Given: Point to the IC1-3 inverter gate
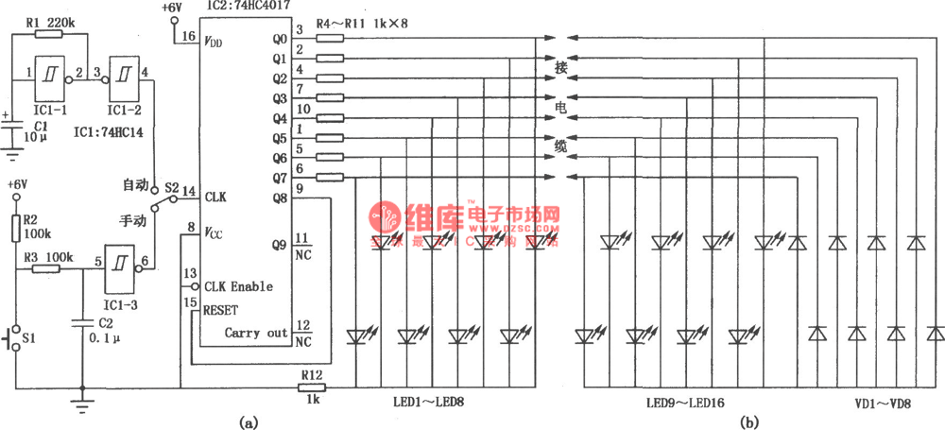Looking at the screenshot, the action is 119,267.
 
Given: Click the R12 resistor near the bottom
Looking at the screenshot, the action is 311,387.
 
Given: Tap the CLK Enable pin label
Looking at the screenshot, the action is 238,286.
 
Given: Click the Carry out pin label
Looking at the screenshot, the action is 255,333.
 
